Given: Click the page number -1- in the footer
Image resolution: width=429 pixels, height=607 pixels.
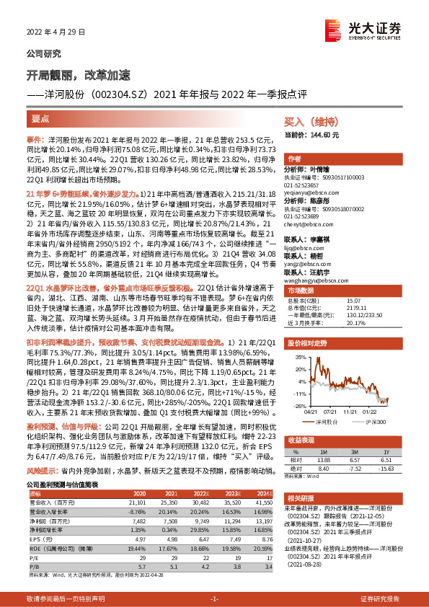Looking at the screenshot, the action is point(214,599).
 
